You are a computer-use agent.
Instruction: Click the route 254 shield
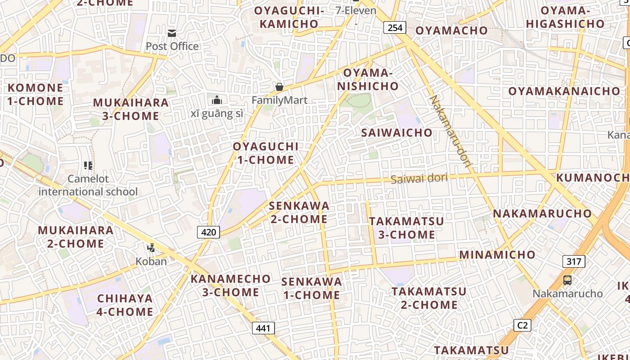click(395, 28)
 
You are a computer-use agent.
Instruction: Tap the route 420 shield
click(208, 232)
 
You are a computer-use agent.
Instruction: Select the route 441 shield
click(263, 328)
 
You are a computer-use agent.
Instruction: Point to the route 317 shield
click(573, 261)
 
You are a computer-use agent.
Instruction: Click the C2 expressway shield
click(522, 325)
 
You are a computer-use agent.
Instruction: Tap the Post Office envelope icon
click(172, 33)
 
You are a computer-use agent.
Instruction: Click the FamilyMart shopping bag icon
click(279, 86)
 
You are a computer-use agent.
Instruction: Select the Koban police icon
click(151, 247)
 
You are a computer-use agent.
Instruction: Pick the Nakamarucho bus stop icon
click(567, 280)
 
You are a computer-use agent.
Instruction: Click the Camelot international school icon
click(88, 166)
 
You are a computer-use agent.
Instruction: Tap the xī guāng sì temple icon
click(217, 100)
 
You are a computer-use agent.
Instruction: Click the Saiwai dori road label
click(419, 178)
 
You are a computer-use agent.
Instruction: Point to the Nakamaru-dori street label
click(450, 131)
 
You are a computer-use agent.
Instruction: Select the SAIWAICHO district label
click(396, 133)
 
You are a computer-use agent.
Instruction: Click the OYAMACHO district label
click(451, 31)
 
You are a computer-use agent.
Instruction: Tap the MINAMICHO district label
click(497, 255)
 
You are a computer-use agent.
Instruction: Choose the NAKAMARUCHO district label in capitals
click(542, 213)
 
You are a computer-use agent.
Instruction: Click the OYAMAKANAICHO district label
click(564, 91)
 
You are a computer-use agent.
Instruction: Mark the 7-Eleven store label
click(356, 10)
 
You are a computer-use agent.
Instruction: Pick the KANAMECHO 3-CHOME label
click(230, 285)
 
